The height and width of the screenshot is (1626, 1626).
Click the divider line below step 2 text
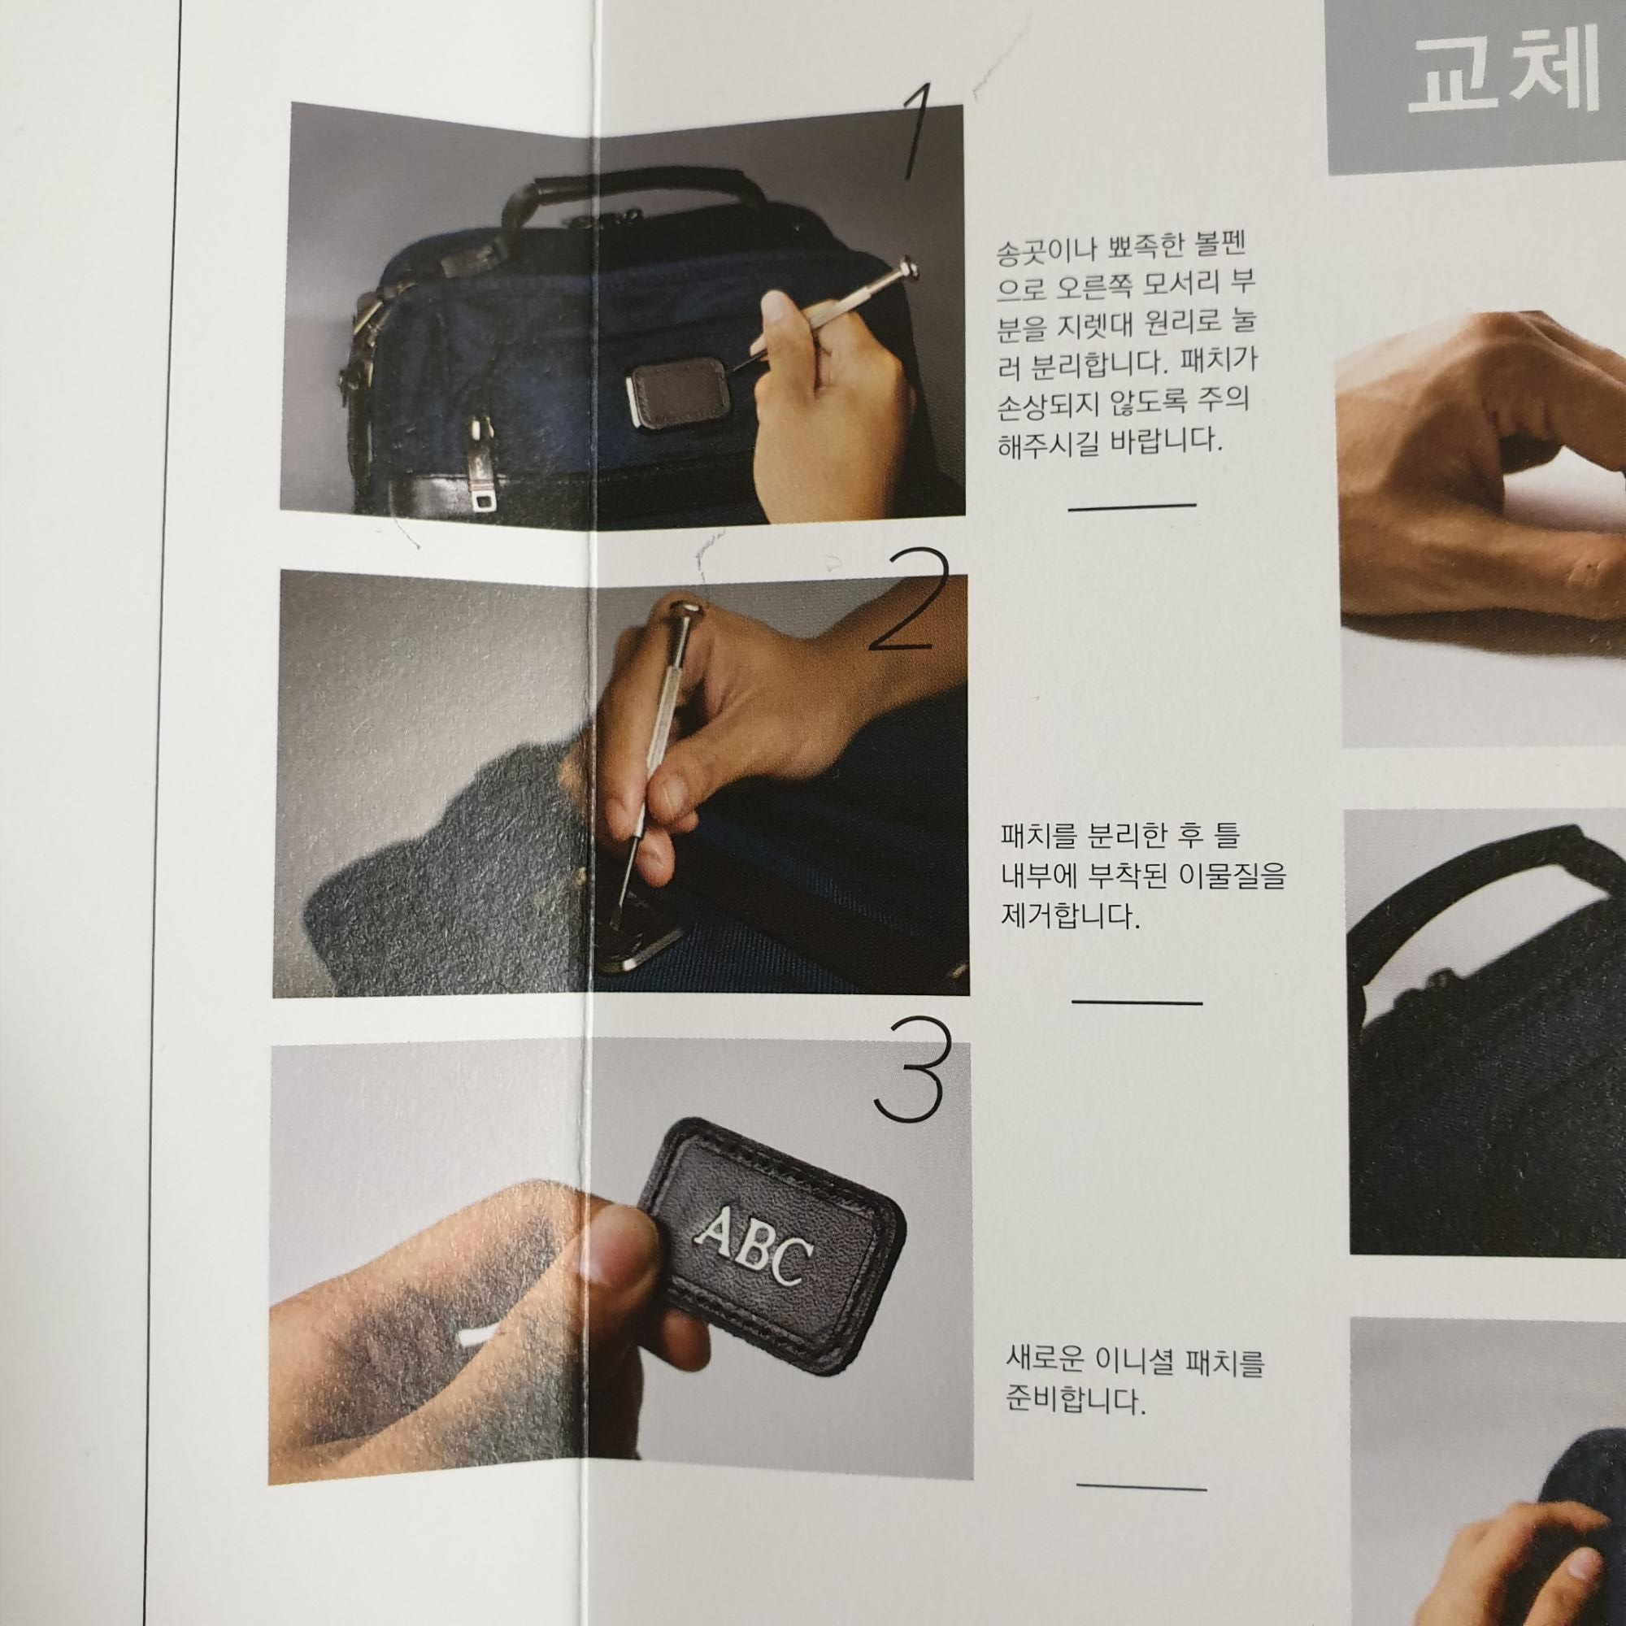1137,1002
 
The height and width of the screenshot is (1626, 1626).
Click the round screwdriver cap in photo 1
908,268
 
